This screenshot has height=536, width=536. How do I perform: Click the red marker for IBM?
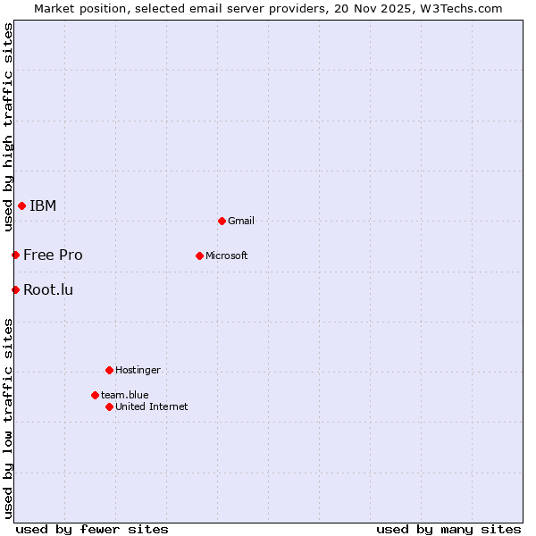point(21,206)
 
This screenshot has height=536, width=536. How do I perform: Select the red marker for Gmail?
point(222,221)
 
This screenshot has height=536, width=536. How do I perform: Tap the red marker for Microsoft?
point(199,255)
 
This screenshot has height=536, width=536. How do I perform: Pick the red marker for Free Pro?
point(15,255)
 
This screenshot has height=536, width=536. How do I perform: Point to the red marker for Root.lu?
point(15,289)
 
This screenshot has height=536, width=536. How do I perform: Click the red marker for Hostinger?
point(109,370)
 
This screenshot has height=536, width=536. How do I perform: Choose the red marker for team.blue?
point(95,395)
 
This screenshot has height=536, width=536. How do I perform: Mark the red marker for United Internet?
point(109,406)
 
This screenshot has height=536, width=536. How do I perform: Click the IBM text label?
point(43,206)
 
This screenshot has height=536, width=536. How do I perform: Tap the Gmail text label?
point(241,221)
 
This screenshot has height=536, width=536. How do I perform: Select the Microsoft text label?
point(227,255)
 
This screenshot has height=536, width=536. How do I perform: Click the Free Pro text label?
point(53,255)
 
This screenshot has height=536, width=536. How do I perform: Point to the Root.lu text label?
point(48,289)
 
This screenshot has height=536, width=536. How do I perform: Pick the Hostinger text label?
point(138,370)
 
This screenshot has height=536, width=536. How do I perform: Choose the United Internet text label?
point(152,406)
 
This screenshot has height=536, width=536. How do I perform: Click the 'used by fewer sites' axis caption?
point(92,529)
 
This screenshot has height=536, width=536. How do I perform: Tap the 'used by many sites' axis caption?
point(448,529)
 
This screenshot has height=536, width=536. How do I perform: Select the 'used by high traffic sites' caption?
point(8,127)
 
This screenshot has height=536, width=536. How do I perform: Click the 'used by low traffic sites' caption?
point(8,418)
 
